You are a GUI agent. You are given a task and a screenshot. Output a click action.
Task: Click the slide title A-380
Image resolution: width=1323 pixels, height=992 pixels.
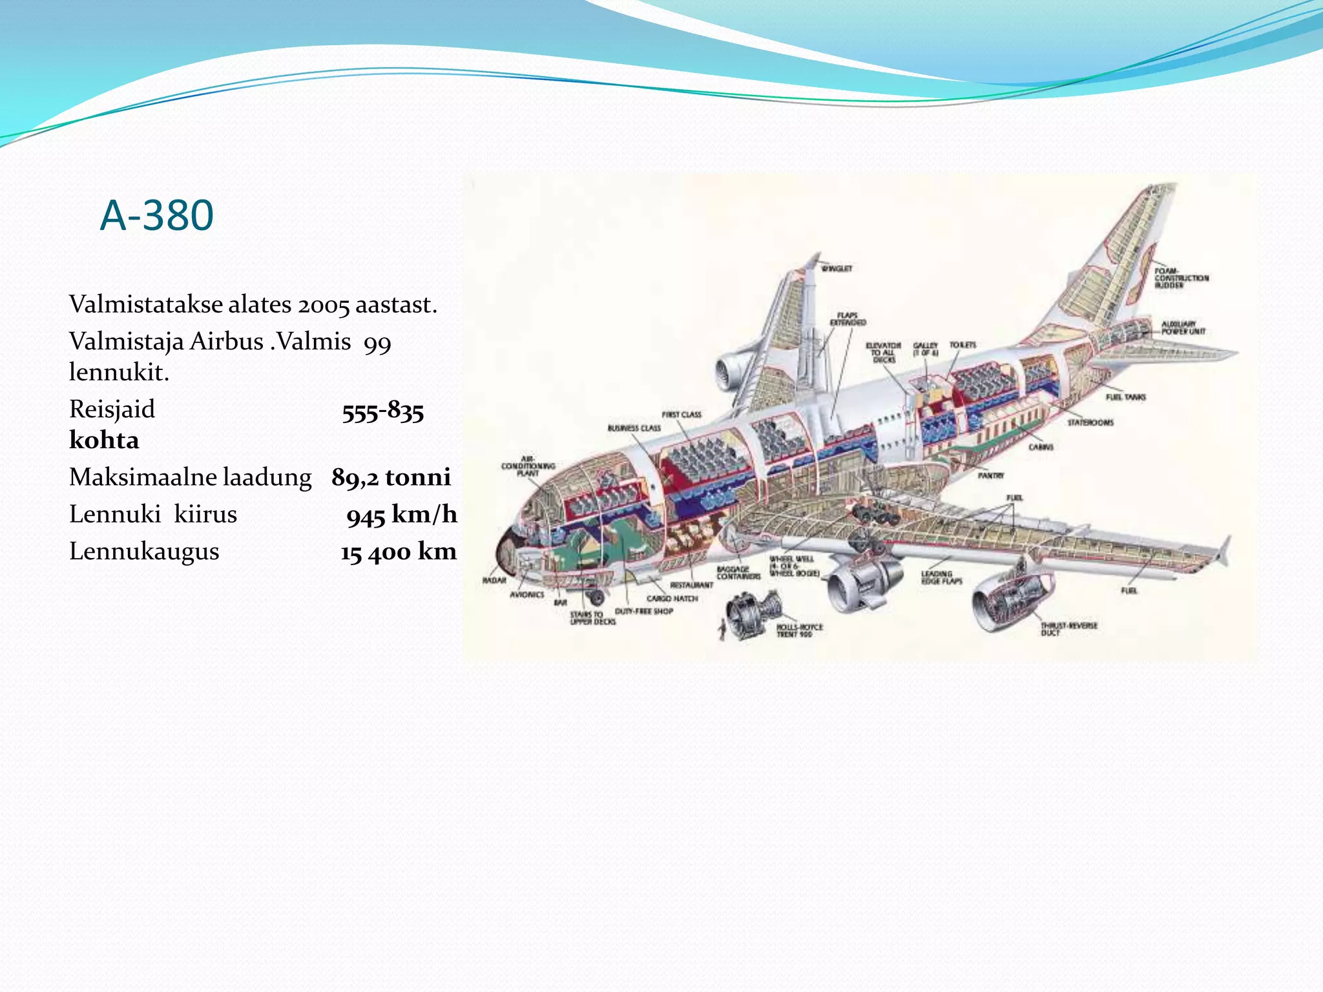coord(157,215)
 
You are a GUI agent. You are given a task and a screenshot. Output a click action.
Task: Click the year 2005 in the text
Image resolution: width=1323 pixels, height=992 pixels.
coord(324,305)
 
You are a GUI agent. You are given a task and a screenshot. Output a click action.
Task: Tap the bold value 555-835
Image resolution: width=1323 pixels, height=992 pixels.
coord(383,411)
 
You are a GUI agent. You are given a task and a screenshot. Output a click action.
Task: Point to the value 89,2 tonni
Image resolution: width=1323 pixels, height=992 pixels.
coord(391,477)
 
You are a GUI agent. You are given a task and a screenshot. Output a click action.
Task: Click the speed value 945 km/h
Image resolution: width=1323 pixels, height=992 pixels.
coord(401,515)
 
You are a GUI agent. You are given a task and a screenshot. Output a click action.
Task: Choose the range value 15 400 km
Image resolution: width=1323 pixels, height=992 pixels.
coord(399,552)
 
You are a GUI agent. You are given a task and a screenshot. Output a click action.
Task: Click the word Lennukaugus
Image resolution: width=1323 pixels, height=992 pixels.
coord(144,552)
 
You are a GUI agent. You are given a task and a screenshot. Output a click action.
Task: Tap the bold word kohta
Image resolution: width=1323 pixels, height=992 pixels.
coord(104,440)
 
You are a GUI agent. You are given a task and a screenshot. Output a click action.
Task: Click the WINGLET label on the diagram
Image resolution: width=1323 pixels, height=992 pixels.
coord(837,269)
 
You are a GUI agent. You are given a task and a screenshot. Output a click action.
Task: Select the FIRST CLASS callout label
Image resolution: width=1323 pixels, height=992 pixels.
coord(682,415)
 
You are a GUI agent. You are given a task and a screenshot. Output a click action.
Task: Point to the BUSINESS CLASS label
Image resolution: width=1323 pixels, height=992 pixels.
coord(634,428)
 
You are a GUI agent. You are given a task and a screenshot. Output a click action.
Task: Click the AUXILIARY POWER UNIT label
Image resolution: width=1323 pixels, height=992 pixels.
coord(1183,327)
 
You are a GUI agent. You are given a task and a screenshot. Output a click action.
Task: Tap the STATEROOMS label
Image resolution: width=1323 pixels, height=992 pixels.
coord(1090,422)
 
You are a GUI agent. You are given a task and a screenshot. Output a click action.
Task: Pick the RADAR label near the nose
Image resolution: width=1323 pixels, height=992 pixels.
coord(494,580)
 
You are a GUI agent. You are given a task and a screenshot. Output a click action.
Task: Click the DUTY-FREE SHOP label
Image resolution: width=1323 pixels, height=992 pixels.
coord(644,611)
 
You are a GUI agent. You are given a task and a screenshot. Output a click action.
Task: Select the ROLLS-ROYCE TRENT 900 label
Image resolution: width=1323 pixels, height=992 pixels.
coord(799,630)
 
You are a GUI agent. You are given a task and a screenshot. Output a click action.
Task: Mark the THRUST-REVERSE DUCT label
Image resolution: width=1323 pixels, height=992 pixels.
coord(1068,629)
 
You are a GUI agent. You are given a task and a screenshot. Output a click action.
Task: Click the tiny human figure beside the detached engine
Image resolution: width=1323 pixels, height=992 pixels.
coord(722,628)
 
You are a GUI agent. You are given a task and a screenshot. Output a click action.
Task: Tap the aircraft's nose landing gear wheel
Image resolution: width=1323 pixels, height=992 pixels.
coord(597,597)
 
